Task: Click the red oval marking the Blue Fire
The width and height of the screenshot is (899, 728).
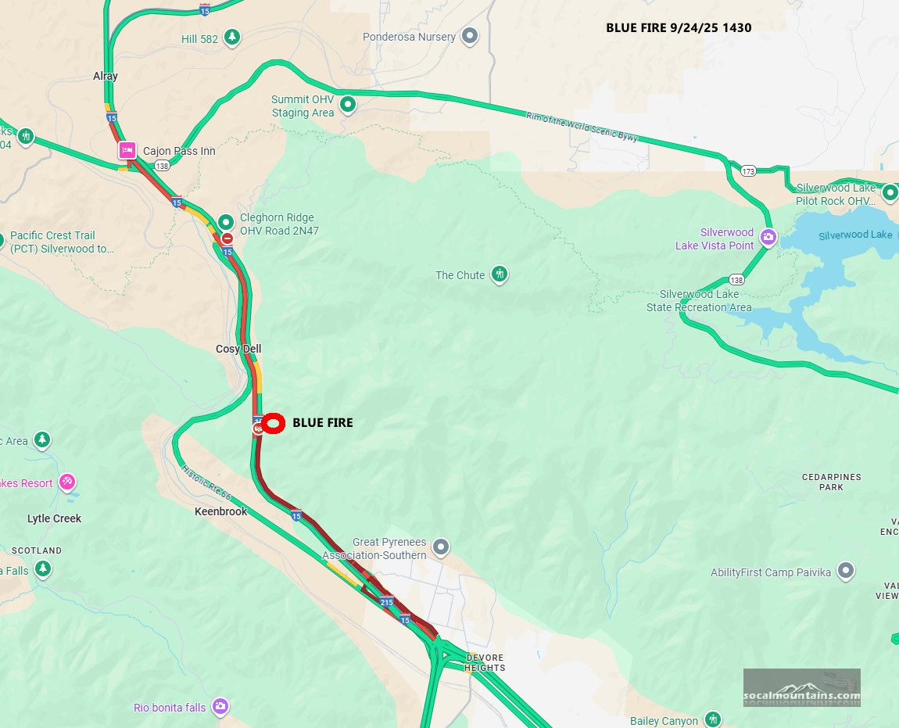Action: [x=273, y=423]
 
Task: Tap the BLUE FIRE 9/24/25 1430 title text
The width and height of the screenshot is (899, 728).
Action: [x=679, y=28]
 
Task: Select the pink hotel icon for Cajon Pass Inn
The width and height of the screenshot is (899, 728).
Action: [x=127, y=150]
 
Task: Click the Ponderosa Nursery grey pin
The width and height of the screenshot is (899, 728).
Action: [x=470, y=36]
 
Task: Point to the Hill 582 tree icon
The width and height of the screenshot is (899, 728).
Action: [x=231, y=37]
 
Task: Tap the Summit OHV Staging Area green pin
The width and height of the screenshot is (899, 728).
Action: [x=348, y=104]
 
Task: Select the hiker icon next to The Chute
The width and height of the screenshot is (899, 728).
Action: [x=499, y=274]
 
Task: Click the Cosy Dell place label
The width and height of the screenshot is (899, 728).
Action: [x=238, y=349]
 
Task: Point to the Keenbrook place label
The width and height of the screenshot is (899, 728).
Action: [x=220, y=511]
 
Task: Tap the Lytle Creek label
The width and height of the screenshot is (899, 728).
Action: [x=54, y=518]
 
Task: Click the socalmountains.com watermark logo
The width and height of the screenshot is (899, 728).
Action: [x=801, y=688]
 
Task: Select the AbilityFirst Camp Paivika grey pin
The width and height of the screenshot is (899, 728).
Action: [x=845, y=572]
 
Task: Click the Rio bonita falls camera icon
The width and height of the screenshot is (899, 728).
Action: [x=220, y=707]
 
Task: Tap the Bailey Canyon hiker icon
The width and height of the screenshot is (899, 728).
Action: [x=712, y=719]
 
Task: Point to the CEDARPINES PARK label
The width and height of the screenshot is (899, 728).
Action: [x=831, y=482]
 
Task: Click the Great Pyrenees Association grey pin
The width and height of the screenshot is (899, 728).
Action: [x=441, y=547]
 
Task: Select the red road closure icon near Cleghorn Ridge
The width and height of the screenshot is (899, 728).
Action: [x=227, y=238]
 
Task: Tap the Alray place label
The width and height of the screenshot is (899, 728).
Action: [x=106, y=76]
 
